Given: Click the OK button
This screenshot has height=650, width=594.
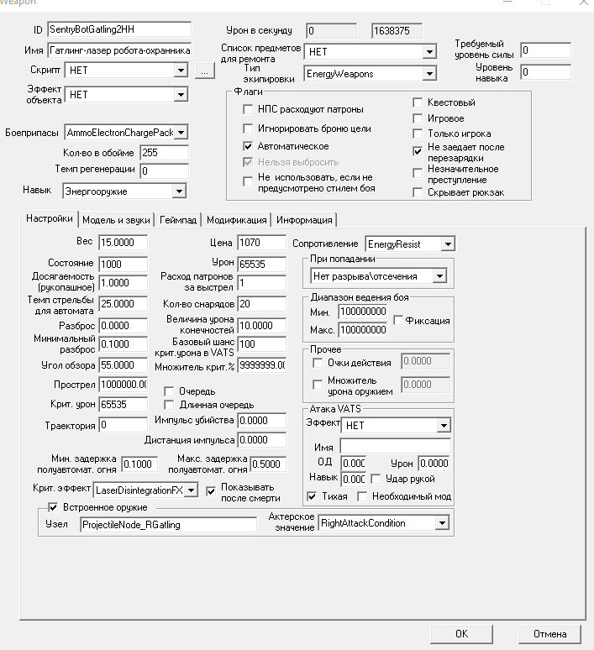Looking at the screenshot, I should pos(461,633).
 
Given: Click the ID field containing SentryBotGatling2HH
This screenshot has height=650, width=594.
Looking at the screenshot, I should pos(119,30).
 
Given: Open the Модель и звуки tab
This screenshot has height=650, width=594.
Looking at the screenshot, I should pos(118,220).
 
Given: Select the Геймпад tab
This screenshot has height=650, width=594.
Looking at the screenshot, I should pos(179,220).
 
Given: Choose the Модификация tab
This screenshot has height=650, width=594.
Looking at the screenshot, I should pos(237,220).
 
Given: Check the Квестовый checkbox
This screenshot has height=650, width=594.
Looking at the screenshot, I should pos(418,103).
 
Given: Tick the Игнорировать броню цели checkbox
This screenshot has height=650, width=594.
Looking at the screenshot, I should pos(248,128).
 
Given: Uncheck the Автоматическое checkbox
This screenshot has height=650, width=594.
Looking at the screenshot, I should pos(248,146).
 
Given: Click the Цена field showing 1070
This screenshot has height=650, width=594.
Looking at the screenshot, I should pos(261,243).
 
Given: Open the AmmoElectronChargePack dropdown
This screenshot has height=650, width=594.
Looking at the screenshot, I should pos(181,133).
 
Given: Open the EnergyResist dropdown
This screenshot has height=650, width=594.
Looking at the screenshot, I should pos(448,244).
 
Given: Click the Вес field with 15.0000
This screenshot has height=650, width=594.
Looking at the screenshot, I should pos(123,243).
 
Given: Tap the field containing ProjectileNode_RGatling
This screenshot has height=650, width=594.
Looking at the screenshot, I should pos(168,524).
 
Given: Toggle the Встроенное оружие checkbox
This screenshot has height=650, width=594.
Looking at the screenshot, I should pos(54,507).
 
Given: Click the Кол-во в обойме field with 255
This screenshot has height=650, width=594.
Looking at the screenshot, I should pos(165,153).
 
